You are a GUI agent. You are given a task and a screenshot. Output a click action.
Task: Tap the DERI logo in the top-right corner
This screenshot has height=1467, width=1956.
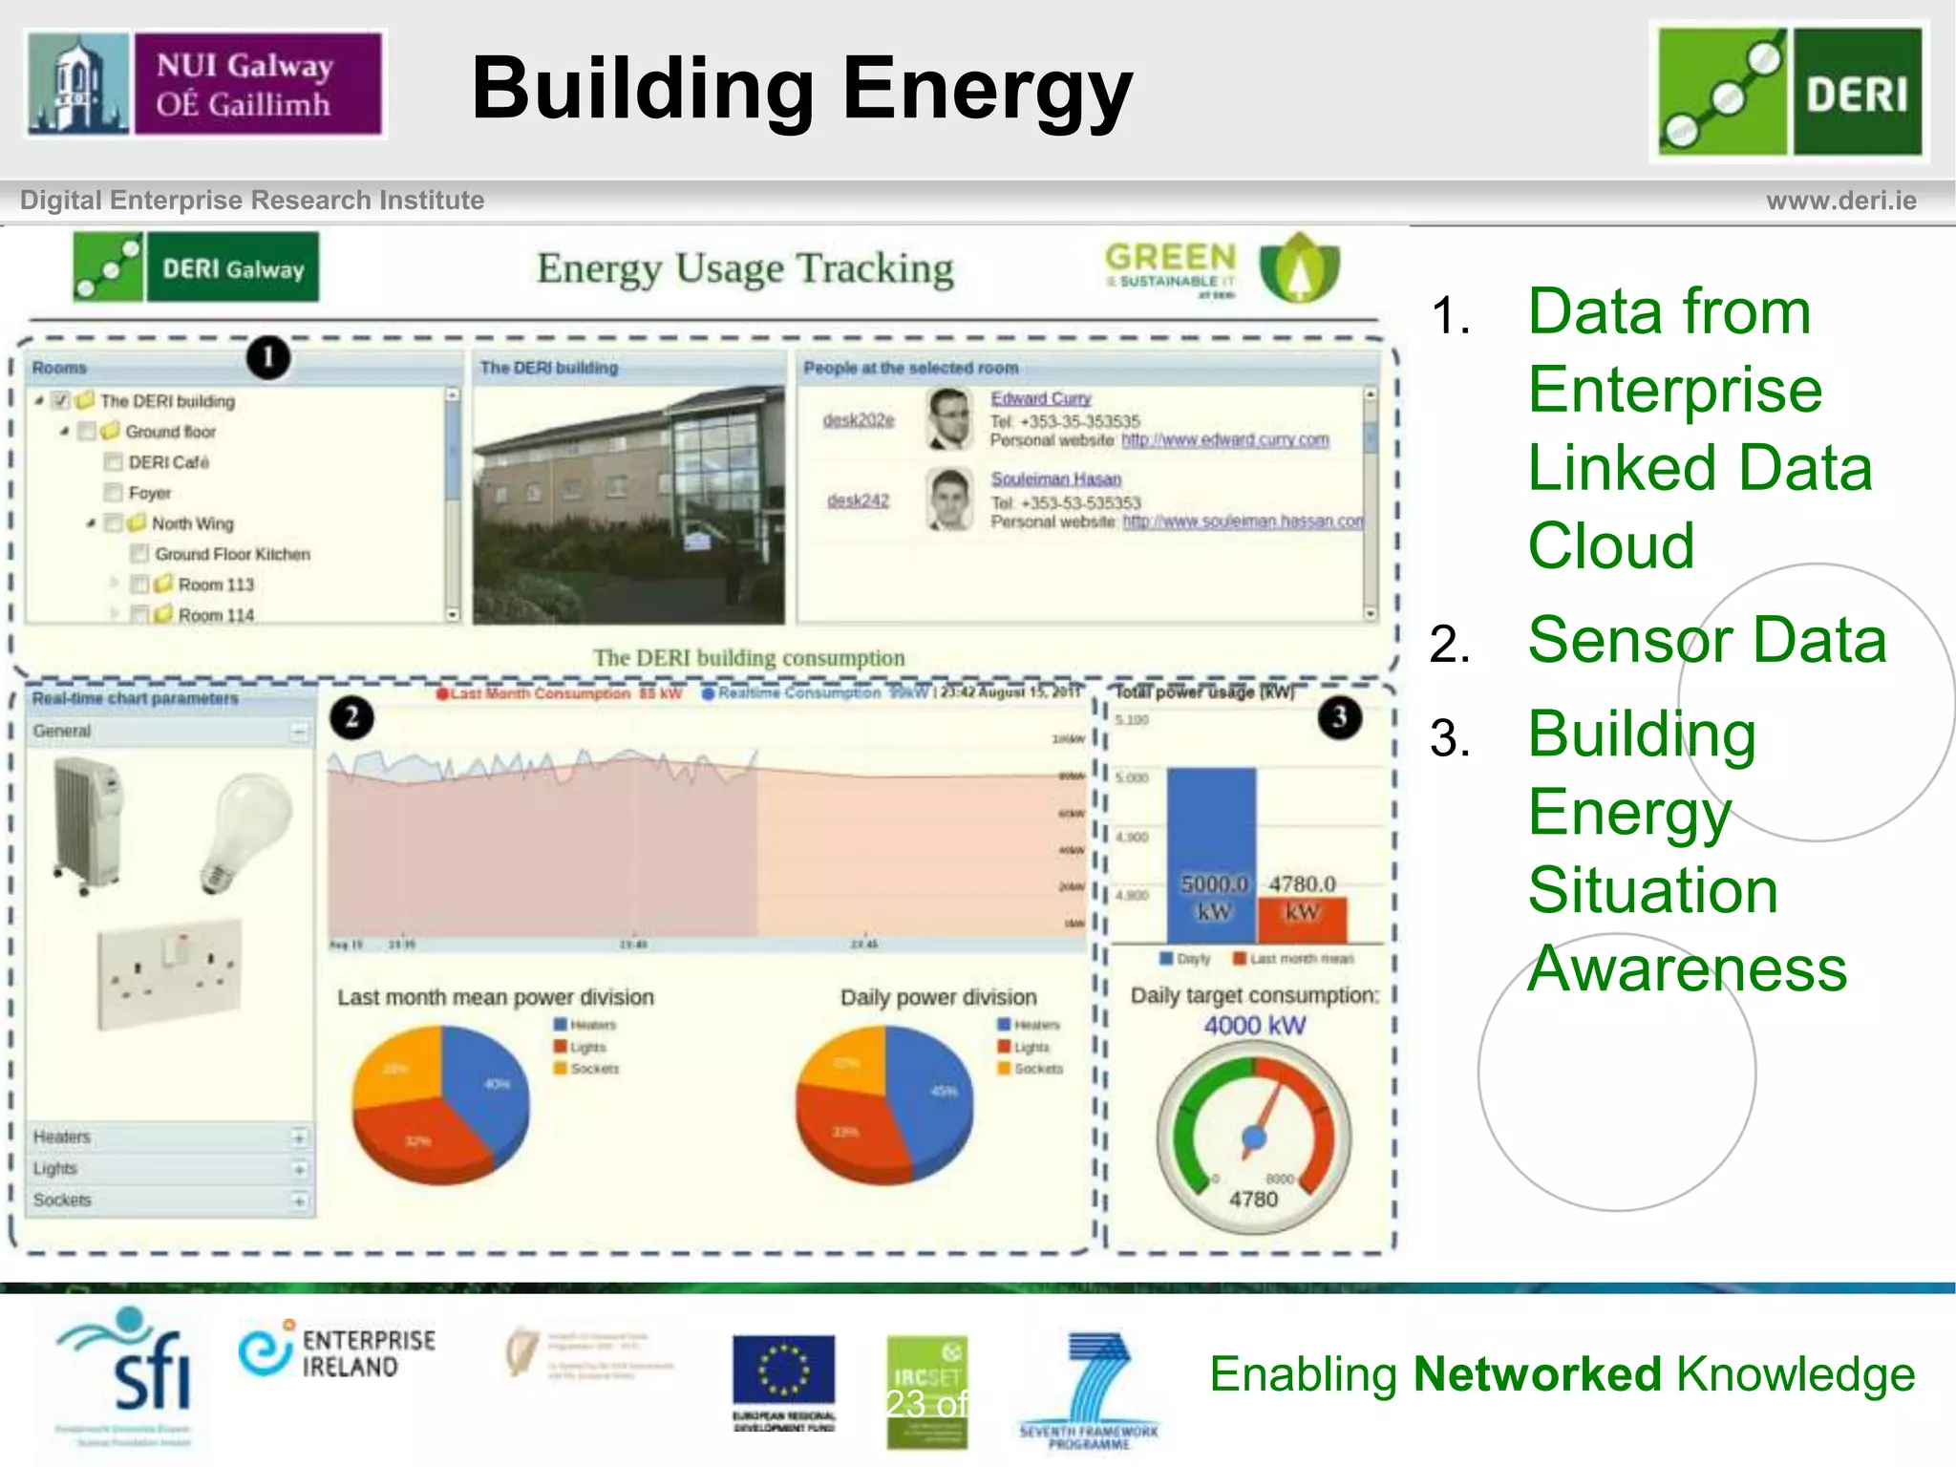point(1790,92)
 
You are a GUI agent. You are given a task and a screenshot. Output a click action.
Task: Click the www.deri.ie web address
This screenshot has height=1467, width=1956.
point(1840,201)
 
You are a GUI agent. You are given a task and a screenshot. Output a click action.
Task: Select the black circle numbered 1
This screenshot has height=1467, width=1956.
point(268,357)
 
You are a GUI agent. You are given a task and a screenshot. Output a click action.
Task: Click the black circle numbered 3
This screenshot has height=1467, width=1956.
point(1339,717)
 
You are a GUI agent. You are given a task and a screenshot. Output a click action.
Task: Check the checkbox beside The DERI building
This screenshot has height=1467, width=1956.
point(61,400)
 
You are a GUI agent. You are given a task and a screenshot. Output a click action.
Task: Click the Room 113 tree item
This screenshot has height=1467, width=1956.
point(216,585)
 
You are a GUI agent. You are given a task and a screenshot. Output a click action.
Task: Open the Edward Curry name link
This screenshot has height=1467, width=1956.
point(1040,398)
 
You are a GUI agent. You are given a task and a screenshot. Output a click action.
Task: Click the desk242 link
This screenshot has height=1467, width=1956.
point(858,500)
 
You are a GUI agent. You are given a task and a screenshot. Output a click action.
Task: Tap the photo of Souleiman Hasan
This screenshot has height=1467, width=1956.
point(949,500)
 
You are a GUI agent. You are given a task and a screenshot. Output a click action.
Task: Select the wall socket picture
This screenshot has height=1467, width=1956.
point(170,973)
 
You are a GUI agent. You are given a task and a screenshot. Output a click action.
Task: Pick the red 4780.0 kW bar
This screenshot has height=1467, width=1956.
point(1302,919)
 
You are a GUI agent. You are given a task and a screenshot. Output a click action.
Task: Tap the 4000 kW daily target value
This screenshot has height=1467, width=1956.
point(1254,1026)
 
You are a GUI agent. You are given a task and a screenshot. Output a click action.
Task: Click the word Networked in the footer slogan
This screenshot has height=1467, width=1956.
point(1538,1374)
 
